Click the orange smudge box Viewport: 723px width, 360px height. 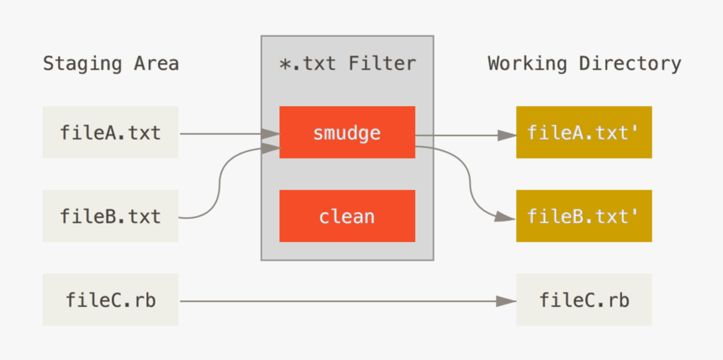click(346, 132)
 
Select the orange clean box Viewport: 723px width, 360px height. click(346, 216)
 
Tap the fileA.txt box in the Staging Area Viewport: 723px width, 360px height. click(110, 132)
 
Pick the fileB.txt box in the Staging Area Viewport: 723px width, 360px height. click(110, 216)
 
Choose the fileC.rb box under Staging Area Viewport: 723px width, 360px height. click(110, 299)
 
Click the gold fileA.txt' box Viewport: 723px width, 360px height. click(583, 132)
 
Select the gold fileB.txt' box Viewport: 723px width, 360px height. click(583, 216)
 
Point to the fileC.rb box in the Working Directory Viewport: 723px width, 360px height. click(583, 299)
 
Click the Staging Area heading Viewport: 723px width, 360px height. click(110, 64)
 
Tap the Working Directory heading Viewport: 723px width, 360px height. click(584, 64)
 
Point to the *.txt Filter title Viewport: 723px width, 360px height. click(346, 64)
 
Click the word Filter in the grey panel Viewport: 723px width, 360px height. click(383, 64)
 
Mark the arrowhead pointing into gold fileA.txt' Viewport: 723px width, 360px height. click(507, 134)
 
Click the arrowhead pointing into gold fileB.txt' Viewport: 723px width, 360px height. click(507, 217)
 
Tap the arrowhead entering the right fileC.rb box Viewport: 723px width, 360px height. click(507, 300)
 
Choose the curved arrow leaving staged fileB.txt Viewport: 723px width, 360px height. click(218, 185)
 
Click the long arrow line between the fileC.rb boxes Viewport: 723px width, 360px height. click(336, 300)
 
